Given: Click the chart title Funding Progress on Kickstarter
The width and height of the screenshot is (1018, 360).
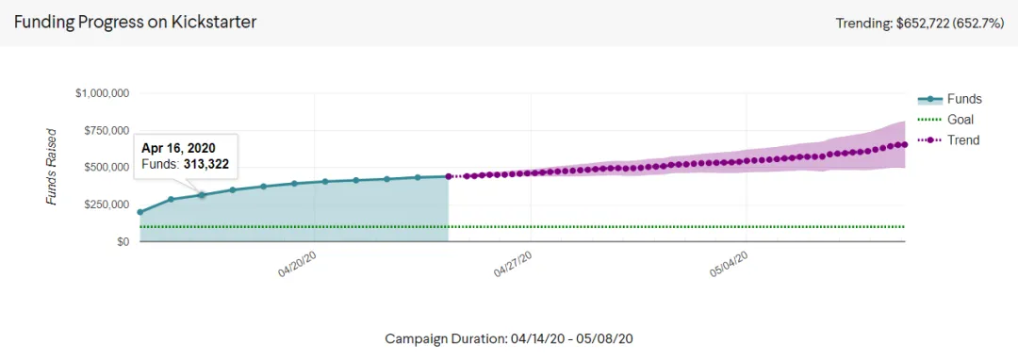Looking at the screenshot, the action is (x=136, y=22).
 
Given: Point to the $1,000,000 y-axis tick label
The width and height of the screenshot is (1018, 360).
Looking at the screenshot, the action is (x=104, y=93).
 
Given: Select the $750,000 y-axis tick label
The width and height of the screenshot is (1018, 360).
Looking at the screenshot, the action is (x=107, y=130).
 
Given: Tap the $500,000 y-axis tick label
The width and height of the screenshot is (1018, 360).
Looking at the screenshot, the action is (x=107, y=168).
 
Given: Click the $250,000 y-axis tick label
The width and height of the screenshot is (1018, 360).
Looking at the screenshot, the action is (x=107, y=205).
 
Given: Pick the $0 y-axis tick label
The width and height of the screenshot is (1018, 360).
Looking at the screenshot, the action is (x=124, y=241).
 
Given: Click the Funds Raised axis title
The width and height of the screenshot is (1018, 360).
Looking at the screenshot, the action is (x=52, y=167).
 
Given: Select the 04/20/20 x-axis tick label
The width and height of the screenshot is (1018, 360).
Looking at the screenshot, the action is (x=297, y=265).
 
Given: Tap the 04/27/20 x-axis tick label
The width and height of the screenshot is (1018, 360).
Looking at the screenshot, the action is (x=514, y=265).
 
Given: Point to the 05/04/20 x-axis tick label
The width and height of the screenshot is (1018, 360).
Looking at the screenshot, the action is (x=729, y=265).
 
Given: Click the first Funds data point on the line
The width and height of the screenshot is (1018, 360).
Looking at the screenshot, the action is (x=140, y=212).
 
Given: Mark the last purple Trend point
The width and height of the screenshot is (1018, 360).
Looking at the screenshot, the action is (x=905, y=144).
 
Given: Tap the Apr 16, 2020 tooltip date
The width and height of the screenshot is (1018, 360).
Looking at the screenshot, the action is (x=178, y=148).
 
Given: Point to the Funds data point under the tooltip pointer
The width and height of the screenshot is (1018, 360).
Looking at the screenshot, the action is (x=202, y=194).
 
